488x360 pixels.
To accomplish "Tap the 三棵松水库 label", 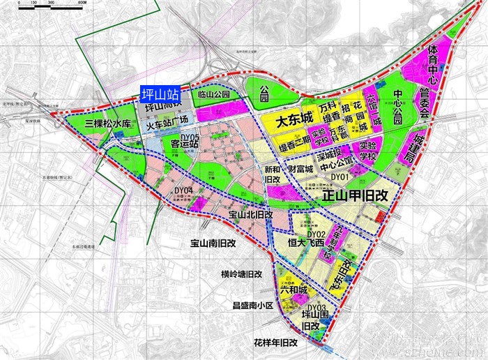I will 107,123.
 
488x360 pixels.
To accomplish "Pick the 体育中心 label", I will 432,63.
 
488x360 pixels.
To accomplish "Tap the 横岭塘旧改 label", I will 241,274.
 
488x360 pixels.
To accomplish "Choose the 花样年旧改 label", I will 275,343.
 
